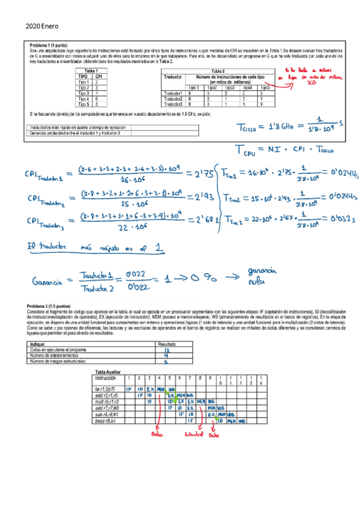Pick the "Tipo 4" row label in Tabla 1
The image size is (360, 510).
(x=84, y=99)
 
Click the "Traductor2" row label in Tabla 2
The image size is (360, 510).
(x=173, y=99)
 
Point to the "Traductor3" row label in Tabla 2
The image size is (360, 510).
(x=173, y=103)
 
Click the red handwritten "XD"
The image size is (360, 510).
(x=311, y=83)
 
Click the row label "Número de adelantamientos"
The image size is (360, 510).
(x=55, y=355)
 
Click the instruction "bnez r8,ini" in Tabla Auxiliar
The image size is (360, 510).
(x=106, y=420)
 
